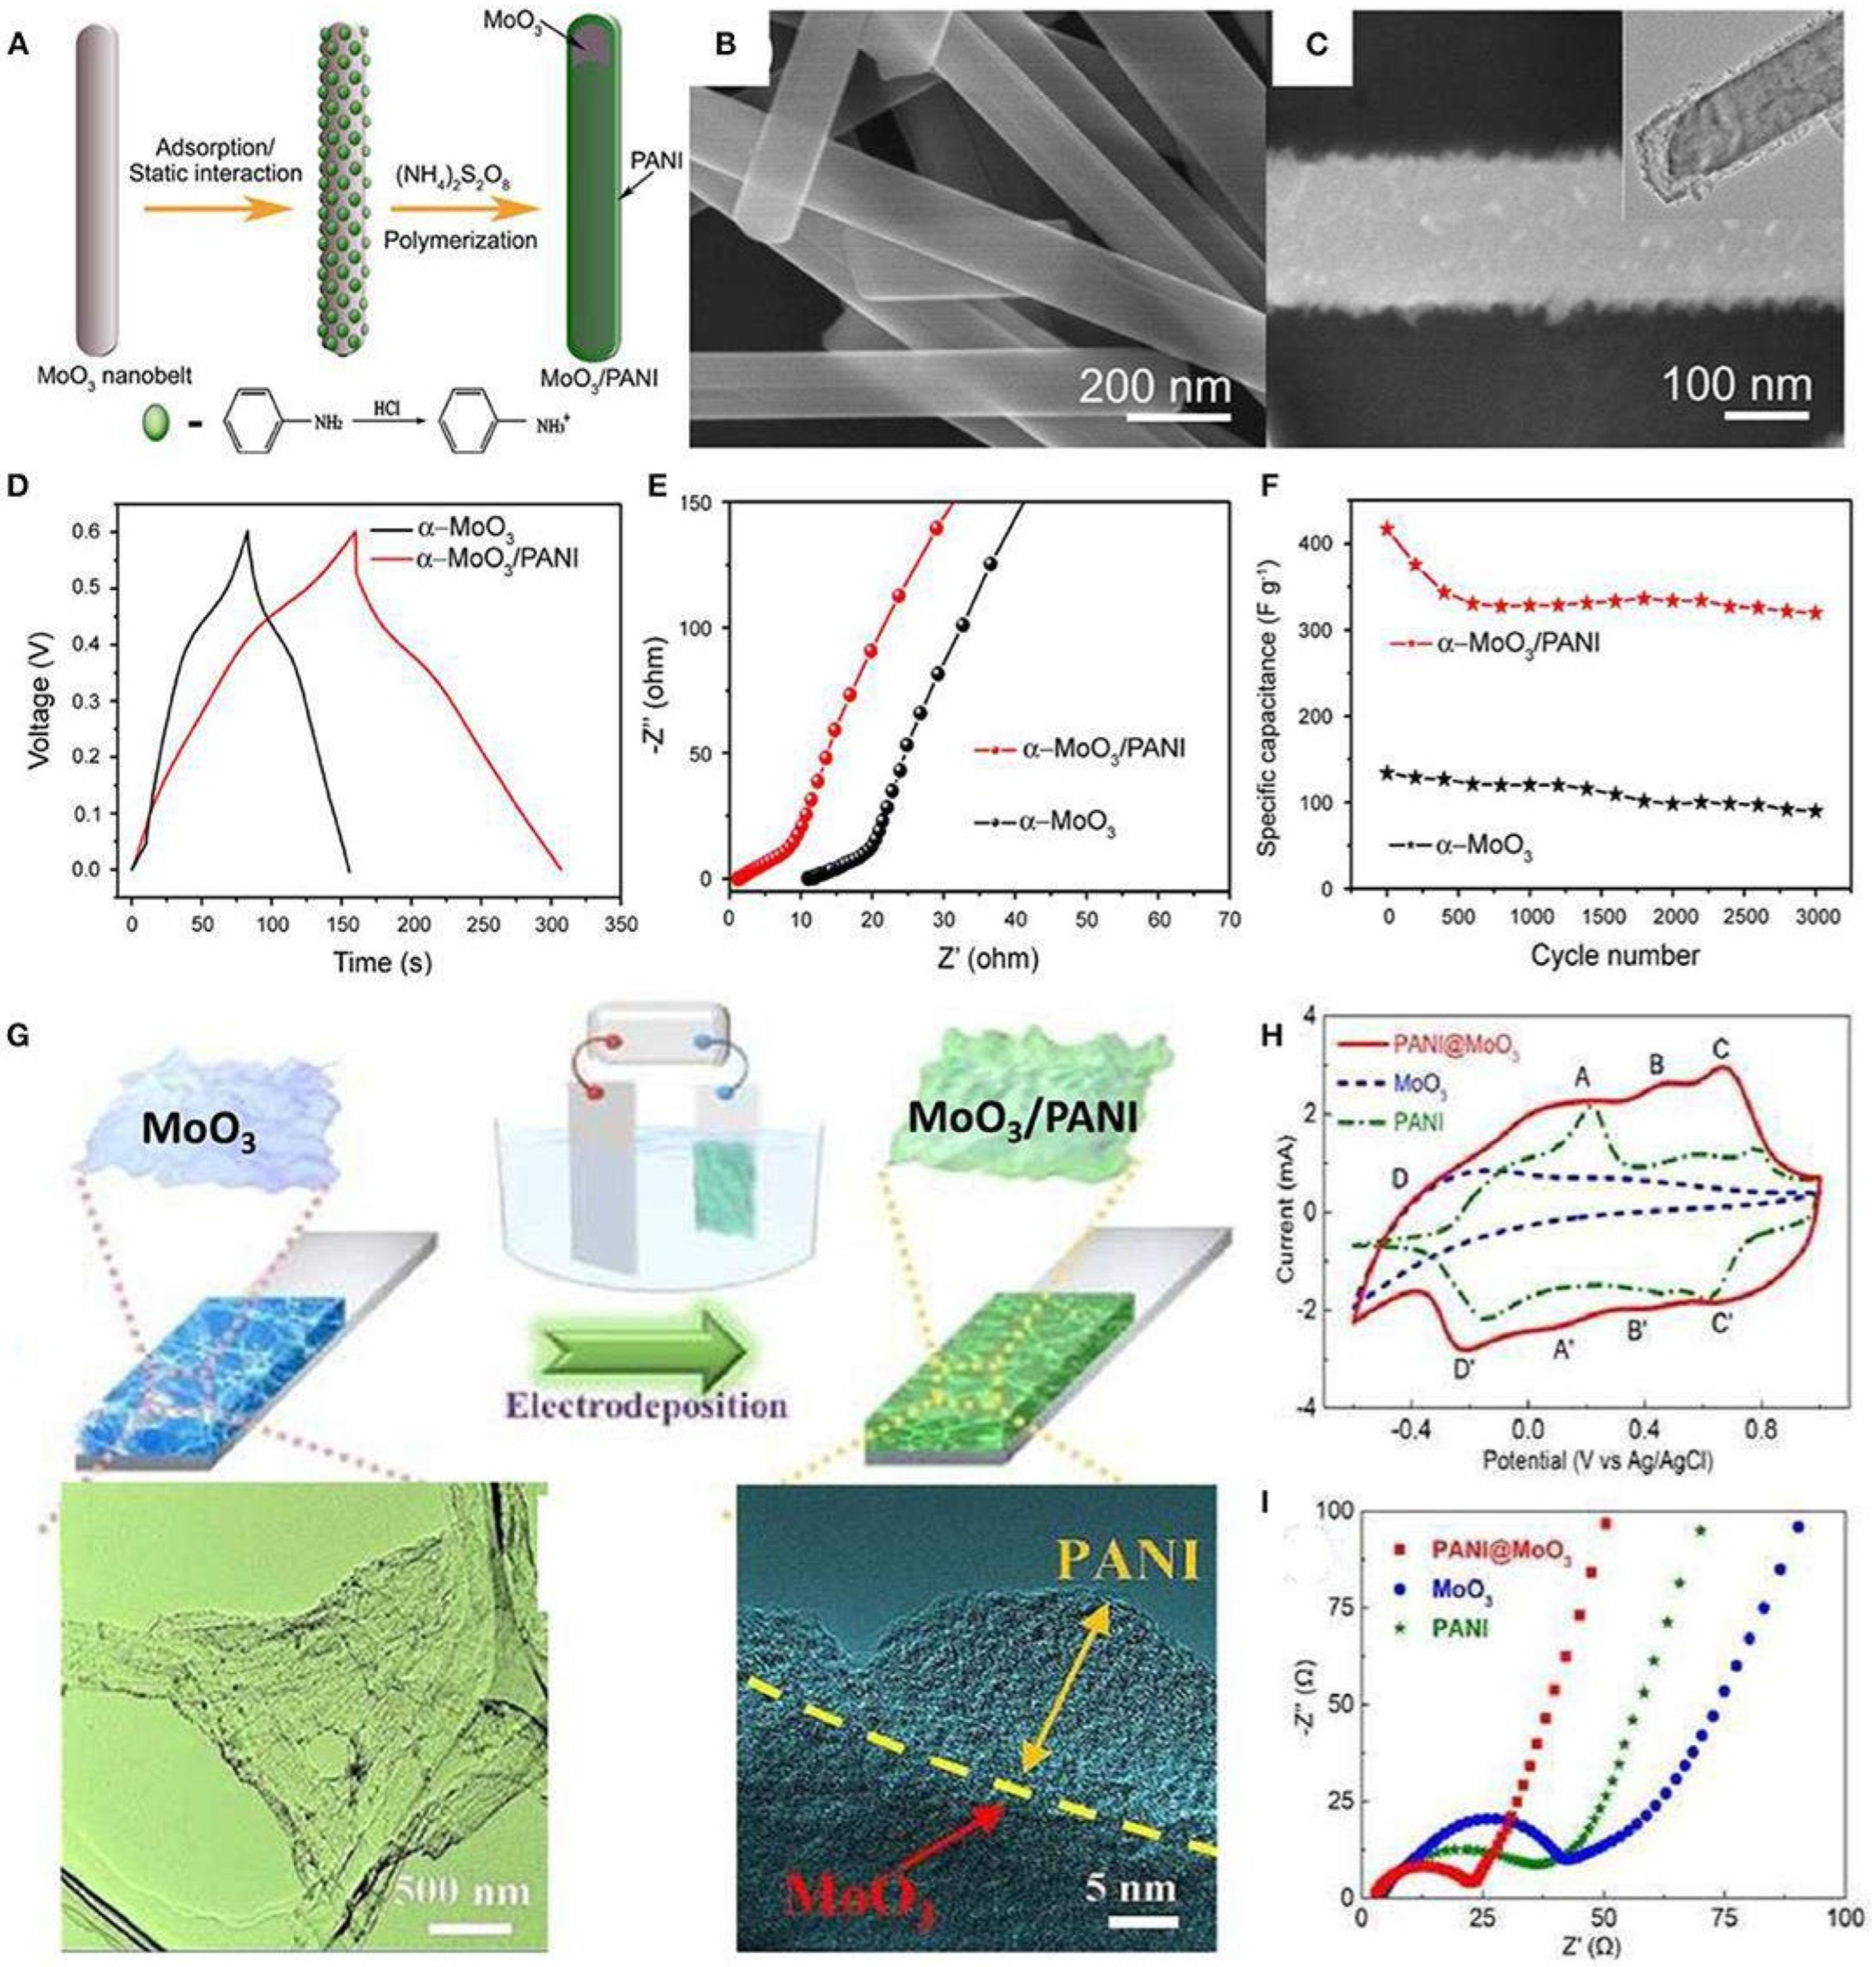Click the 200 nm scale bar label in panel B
[x=1155, y=385]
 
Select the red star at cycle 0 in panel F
[x=1387, y=529]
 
